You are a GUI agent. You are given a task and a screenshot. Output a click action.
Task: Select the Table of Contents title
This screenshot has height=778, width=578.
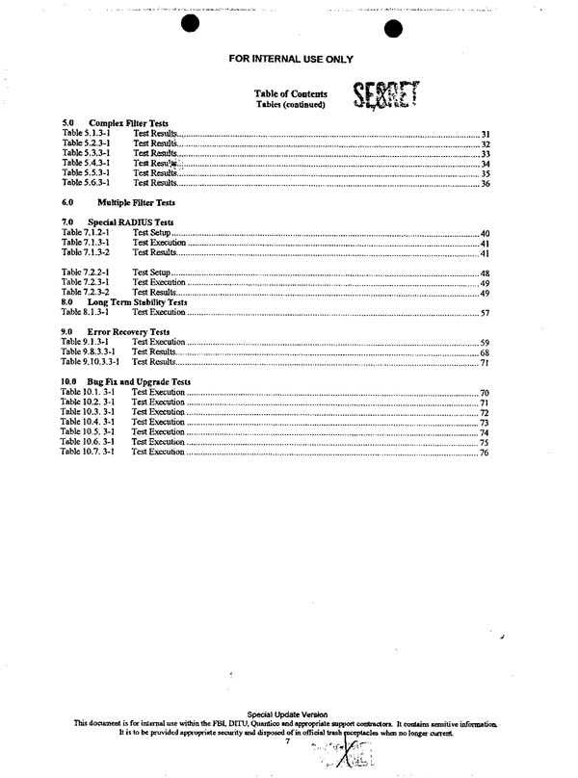[x=290, y=93]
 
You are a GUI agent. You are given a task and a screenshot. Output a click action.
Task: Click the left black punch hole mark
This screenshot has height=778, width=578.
[x=190, y=23]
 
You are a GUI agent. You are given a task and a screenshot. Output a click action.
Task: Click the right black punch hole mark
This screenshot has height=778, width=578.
[x=392, y=29]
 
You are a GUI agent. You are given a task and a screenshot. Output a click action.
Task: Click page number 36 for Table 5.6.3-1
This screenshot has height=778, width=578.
[x=486, y=183]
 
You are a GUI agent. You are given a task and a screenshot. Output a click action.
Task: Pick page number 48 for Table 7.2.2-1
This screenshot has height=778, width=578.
[x=486, y=273]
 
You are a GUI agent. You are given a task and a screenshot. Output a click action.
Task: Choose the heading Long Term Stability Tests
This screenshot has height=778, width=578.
[x=136, y=302]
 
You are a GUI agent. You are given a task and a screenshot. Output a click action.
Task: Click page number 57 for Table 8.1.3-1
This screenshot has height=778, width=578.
[x=486, y=313]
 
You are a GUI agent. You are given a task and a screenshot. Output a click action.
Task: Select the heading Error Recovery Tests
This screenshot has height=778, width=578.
[x=128, y=332]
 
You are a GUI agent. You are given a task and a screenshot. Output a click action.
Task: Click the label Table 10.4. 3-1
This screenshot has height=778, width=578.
[x=87, y=422]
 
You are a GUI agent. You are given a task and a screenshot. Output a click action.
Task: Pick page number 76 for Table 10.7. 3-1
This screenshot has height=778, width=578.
[x=486, y=452]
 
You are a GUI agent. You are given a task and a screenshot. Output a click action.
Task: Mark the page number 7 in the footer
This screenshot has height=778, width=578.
[x=287, y=739]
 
